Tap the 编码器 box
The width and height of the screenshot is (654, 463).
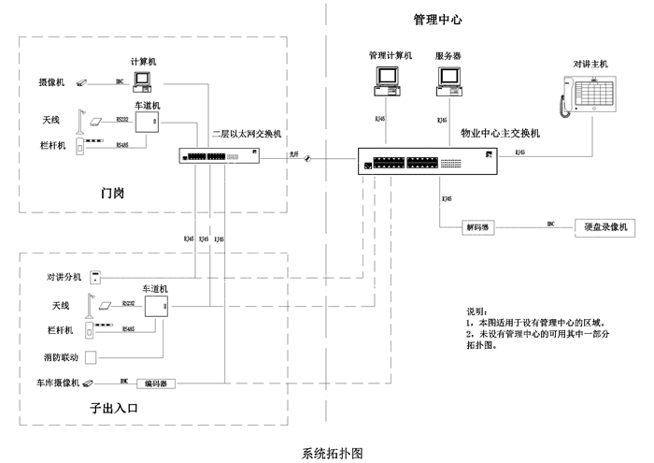click(x=155, y=383)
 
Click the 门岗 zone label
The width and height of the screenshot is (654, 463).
click(x=113, y=194)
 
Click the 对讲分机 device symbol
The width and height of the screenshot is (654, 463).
click(x=95, y=277)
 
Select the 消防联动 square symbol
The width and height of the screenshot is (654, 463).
click(x=92, y=357)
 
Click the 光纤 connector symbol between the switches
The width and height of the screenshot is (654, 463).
click(x=306, y=160)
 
